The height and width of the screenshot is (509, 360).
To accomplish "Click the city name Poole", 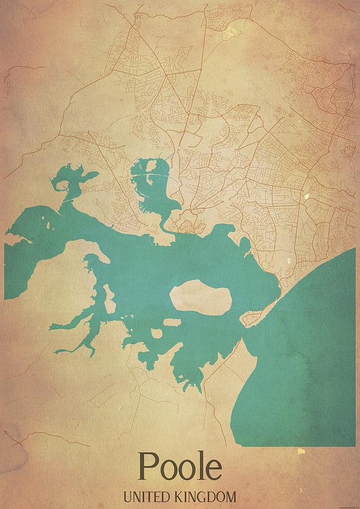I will coord(180,467).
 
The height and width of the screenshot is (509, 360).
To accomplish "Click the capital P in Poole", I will coord(147,467).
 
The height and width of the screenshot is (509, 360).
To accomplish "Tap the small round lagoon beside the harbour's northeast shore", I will coord(245,244).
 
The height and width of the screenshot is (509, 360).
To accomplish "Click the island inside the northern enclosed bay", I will coord(151,167).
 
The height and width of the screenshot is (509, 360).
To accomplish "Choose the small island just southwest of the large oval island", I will coord(172,323).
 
